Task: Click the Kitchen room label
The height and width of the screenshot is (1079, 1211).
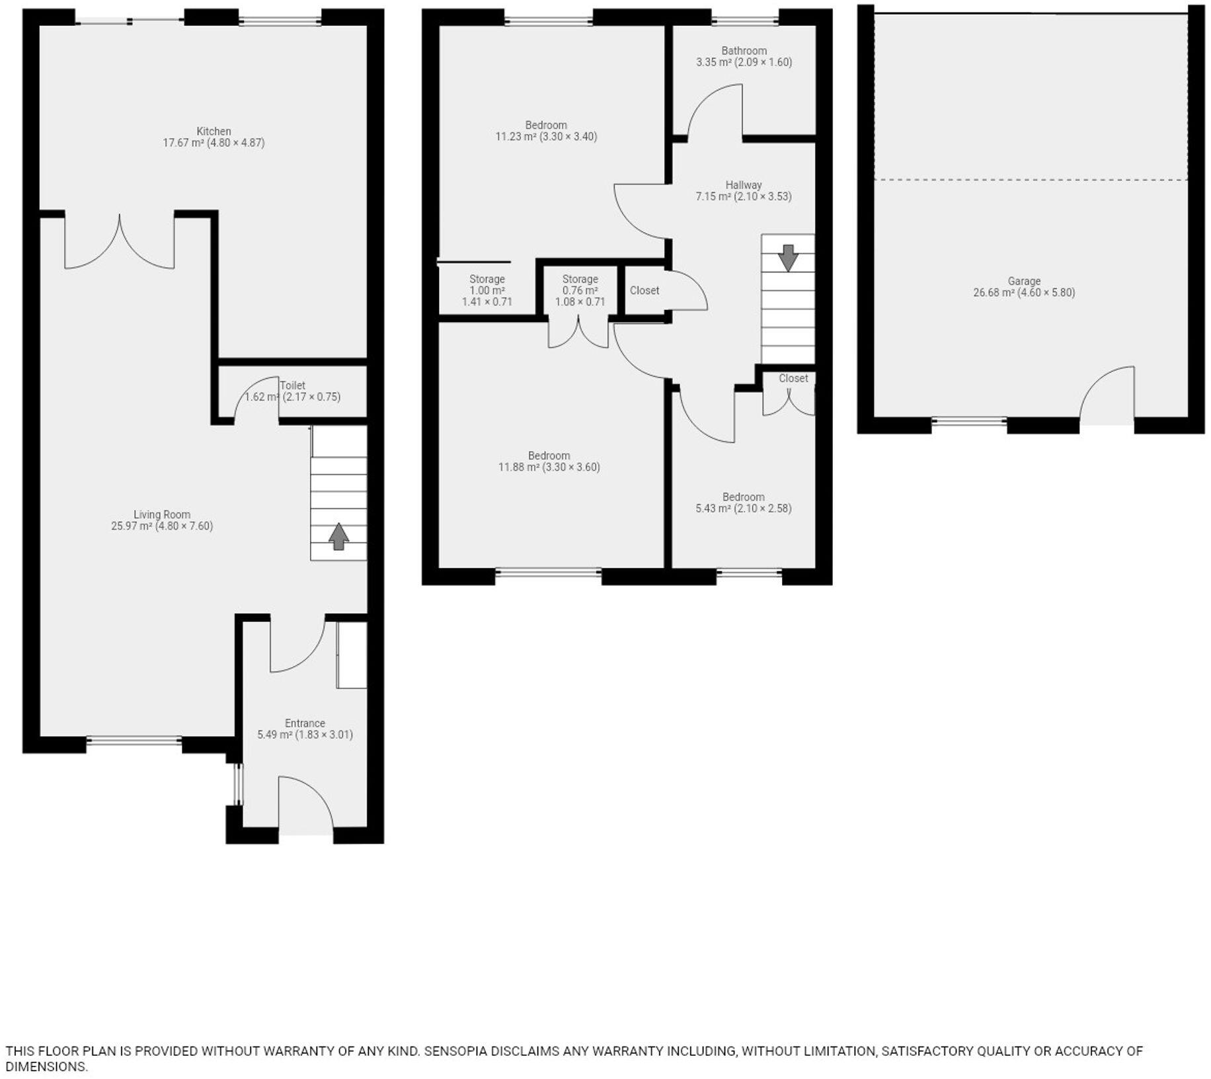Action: tap(214, 131)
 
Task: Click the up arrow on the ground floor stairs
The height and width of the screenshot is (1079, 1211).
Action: tap(338, 536)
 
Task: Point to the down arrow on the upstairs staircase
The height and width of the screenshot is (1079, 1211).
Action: tap(787, 257)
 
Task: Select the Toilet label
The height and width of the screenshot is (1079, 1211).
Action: tap(293, 385)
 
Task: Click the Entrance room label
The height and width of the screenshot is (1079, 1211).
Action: tap(305, 723)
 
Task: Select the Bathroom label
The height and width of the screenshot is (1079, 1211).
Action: tap(744, 51)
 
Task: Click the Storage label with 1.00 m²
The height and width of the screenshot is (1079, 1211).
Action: tap(487, 279)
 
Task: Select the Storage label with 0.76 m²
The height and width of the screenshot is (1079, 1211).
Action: tap(580, 279)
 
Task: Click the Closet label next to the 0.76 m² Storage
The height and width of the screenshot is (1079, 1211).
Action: tap(644, 290)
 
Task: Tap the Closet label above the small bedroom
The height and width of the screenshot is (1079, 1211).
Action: tap(793, 378)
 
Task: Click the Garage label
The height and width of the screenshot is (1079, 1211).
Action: tap(1024, 281)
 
